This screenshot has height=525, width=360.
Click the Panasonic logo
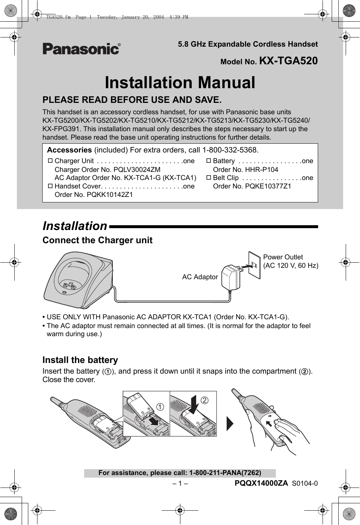[81, 49]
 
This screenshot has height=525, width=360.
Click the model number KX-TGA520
[288, 61]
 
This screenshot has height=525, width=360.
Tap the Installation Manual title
[180, 82]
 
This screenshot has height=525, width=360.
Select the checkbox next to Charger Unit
[50, 161]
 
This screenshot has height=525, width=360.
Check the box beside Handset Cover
[50, 186]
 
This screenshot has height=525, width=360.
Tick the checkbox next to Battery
[209, 161]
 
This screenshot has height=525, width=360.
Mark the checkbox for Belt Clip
[209, 178]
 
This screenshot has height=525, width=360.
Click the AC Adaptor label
[200, 277]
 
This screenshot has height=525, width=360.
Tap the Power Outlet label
[283, 257]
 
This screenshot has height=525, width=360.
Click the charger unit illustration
[79, 279]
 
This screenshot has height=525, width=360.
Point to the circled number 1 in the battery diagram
[160, 407]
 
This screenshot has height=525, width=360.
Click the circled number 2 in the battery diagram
[204, 400]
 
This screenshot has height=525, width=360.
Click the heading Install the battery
[80, 360]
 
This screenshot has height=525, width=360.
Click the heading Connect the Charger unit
[97, 240]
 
